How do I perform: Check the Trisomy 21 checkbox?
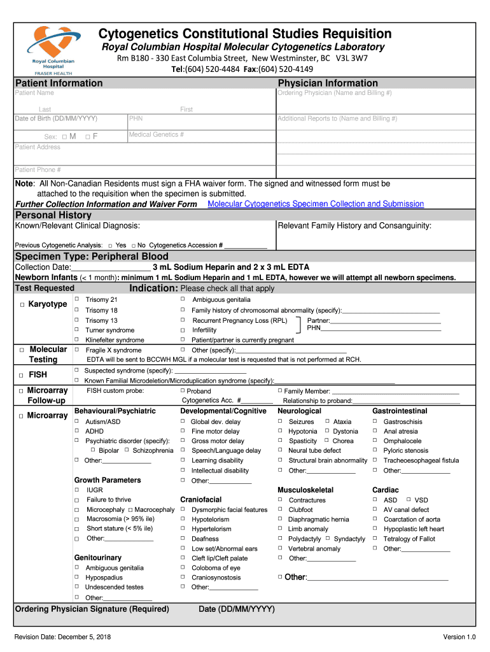click(77, 299)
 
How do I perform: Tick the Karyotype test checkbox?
click(22, 305)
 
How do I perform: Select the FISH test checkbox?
click(22, 375)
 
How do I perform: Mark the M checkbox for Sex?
click(65, 137)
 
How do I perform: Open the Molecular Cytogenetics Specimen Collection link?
click(316, 204)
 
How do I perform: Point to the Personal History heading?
click(53, 215)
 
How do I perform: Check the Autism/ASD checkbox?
click(77, 422)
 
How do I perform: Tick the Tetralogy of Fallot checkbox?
click(375, 539)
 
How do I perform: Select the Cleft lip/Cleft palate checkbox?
click(183, 558)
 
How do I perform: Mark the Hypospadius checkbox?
click(77, 578)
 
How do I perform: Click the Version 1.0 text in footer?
click(459, 637)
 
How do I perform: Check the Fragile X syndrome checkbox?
click(77, 350)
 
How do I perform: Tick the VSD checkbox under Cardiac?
click(409, 500)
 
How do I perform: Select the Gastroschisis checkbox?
click(375, 422)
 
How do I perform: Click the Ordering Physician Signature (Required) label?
click(92, 609)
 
